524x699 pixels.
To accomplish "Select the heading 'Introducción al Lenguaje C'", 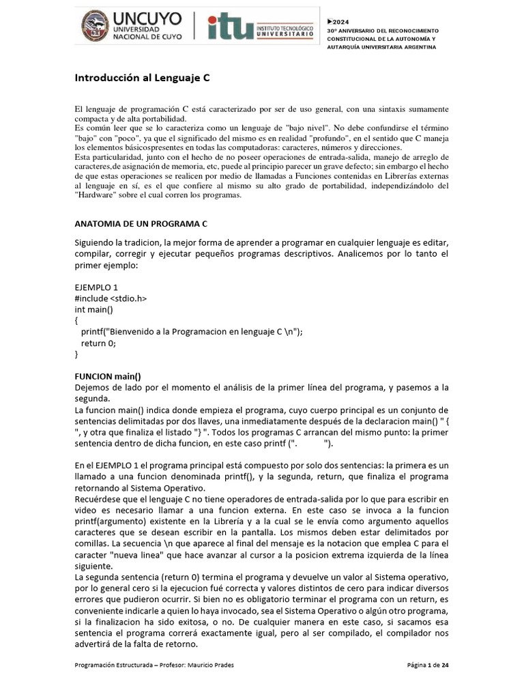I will click(x=142, y=78).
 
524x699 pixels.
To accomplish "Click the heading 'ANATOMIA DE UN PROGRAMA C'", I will click(x=140, y=224).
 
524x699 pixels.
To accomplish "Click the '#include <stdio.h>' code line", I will click(x=111, y=298).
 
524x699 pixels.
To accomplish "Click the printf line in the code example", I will click(x=191, y=332).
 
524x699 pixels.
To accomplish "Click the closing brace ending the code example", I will click(x=77, y=354).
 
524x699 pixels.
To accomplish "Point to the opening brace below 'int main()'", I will click(x=77, y=320).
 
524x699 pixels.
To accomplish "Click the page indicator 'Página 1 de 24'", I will click(x=427, y=666).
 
